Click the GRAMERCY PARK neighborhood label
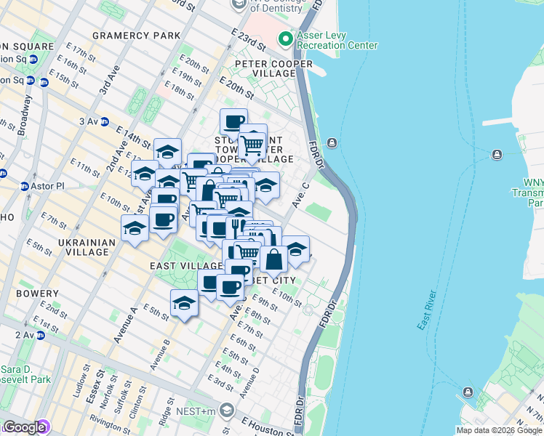[x=136, y=36]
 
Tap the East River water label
[x=428, y=310]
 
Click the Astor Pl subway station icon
[x=25, y=186]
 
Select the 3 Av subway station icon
[x=105, y=121]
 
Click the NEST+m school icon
[x=227, y=411]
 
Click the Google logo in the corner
[x=24, y=427]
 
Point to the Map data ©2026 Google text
[x=499, y=430]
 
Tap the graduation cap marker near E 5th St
[x=184, y=302]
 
